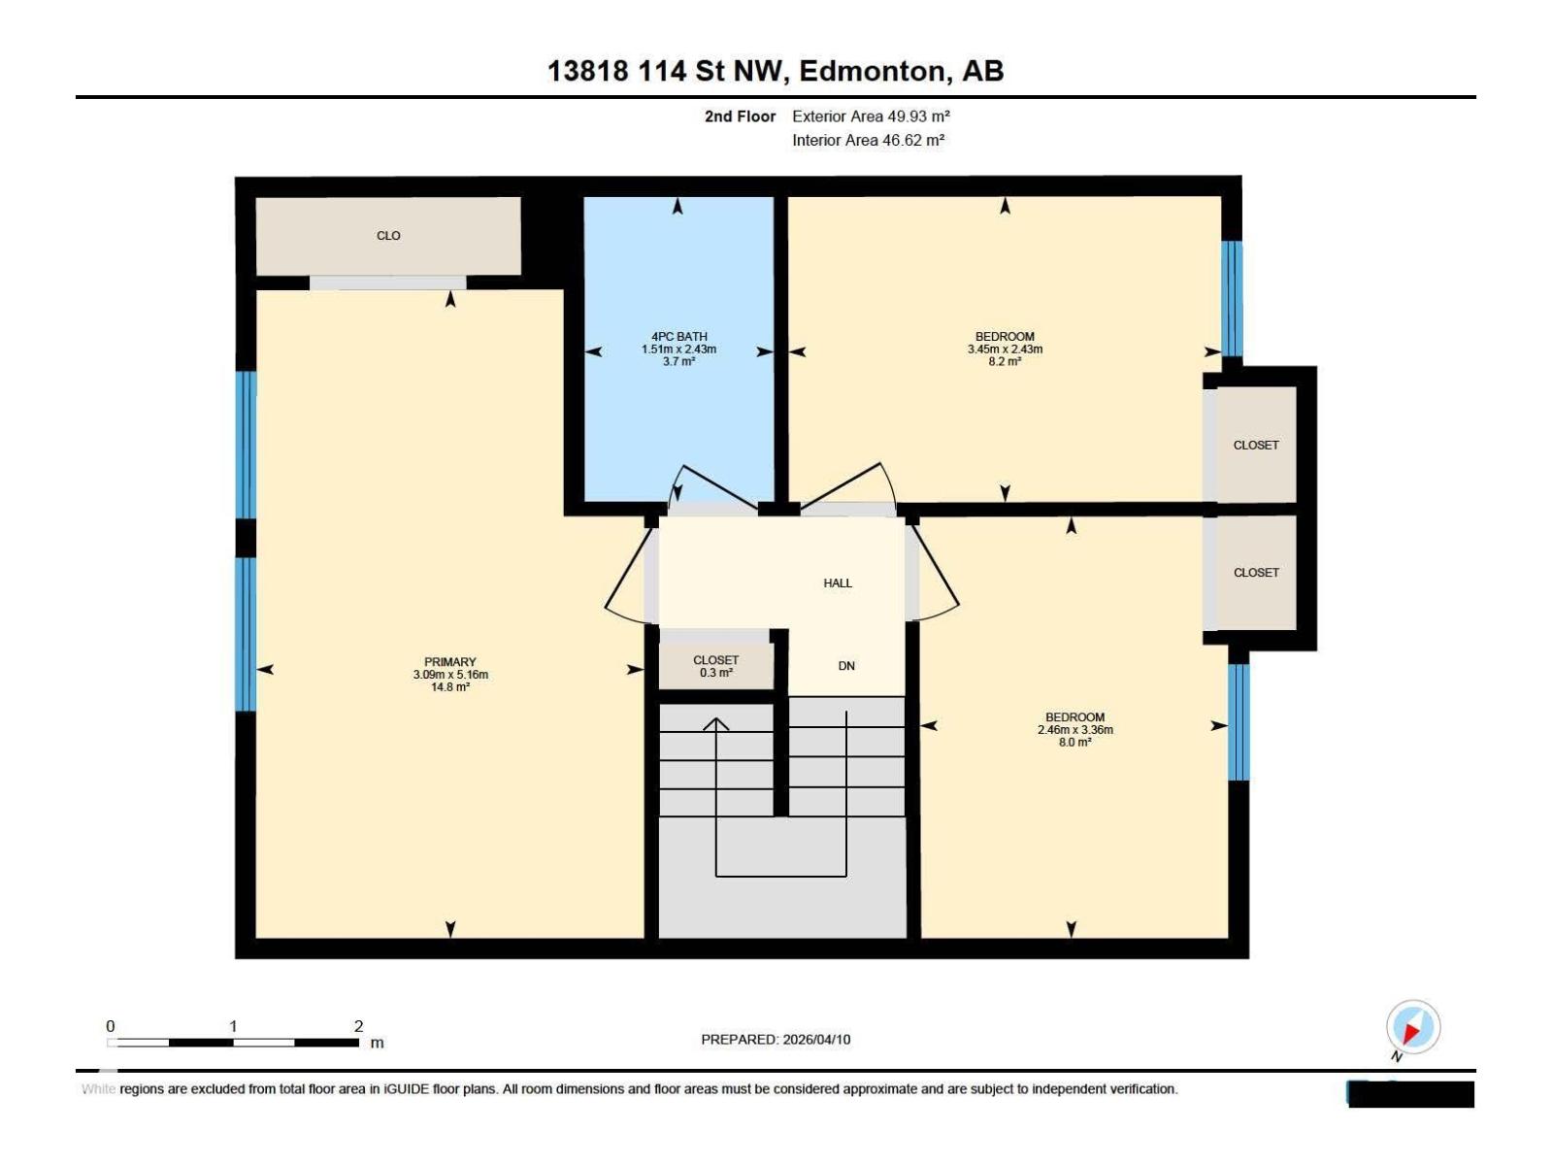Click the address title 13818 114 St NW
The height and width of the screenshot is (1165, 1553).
pos(776,71)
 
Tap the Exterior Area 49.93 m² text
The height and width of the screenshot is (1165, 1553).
pos(871,116)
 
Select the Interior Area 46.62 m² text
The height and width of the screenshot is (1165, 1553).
pos(868,140)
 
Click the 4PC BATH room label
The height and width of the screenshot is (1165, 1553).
pos(678,337)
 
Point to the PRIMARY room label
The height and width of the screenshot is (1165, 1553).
pos(449,662)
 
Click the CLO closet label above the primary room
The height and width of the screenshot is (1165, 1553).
pos(388,236)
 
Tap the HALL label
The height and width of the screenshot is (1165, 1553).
pos(838,583)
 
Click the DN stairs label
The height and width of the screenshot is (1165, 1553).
pos(846,666)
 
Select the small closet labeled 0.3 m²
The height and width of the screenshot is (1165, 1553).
pos(716,666)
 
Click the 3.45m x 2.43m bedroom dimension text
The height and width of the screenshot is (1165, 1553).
pos(1005,349)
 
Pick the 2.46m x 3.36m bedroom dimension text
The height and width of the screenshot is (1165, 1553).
pos(1074,730)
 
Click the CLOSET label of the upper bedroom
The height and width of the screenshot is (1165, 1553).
pos(1256,446)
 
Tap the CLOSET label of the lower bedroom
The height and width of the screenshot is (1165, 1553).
pos(1256,573)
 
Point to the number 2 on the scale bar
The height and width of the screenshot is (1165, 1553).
pos(358,1026)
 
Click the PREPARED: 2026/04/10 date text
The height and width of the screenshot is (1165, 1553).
pos(776,1040)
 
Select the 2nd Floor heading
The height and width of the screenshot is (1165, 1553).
pos(740,116)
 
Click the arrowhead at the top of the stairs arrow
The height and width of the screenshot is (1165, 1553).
pos(716,722)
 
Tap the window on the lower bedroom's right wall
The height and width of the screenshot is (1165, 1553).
pos(1238,722)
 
